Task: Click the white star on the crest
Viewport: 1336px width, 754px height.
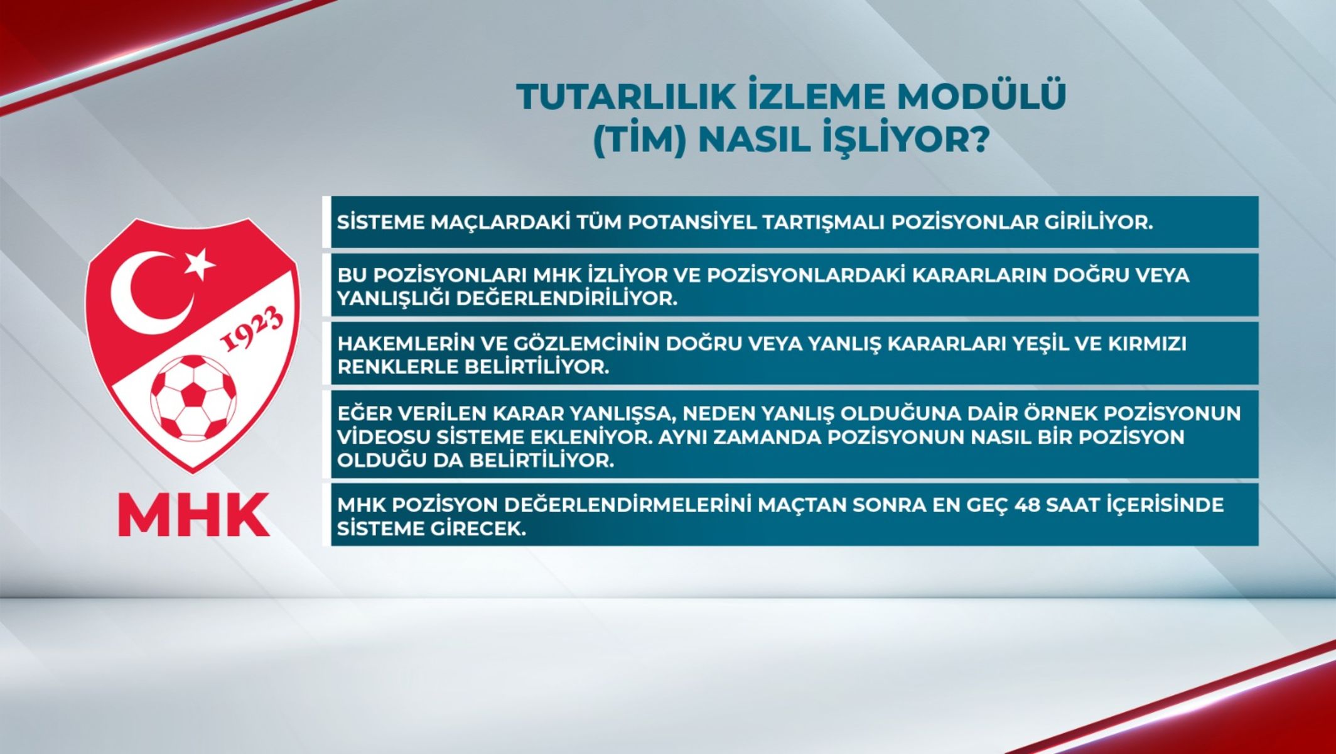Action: click(x=200, y=263)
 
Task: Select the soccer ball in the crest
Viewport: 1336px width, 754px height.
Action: click(x=194, y=398)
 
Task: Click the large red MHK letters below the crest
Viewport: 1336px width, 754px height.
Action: click(x=194, y=515)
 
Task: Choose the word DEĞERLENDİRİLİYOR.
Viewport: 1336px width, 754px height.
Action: click(x=567, y=298)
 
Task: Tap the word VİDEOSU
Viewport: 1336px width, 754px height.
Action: click(x=383, y=437)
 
